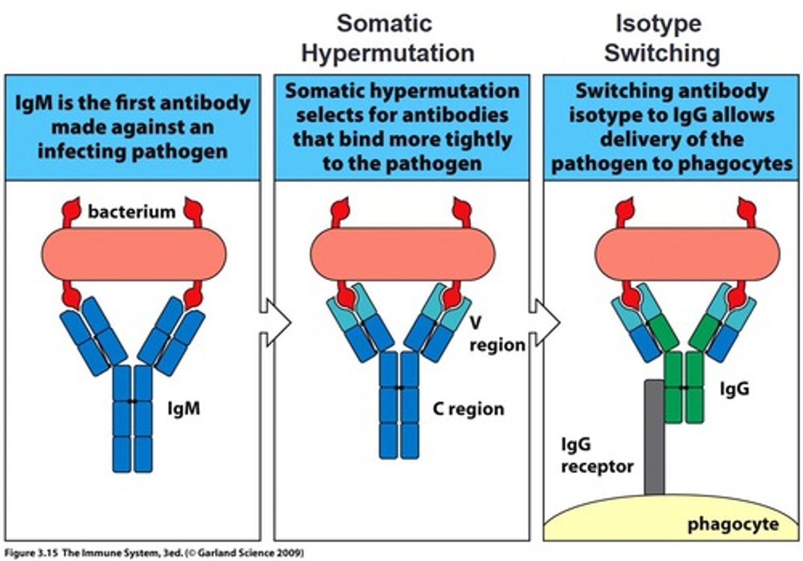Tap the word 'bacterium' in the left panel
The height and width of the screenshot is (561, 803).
click(132, 212)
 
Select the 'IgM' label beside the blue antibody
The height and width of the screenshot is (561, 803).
click(183, 409)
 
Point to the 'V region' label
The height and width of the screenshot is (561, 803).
click(497, 334)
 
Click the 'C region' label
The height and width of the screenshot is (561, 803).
click(468, 409)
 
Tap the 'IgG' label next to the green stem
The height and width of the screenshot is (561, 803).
click(734, 389)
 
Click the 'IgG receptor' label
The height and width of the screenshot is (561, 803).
click(597, 455)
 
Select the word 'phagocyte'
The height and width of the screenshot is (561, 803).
click(732, 524)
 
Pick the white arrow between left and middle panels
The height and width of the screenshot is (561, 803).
click(276, 323)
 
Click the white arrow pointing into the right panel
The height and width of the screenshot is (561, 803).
click(545, 323)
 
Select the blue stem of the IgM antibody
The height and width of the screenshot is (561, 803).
click(132, 418)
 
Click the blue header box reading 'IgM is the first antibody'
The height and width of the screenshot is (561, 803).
click(132, 127)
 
